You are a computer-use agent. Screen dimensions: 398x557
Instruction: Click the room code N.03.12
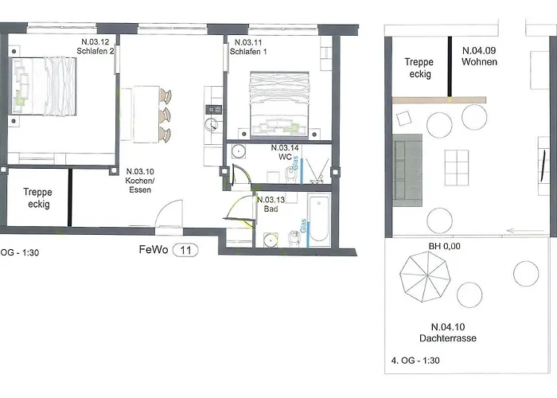pyautogui.click(x=95, y=41)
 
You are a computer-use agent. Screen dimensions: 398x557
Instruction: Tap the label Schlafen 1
pyautogui.click(x=247, y=52)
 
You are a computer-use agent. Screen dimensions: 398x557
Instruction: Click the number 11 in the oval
pyautogui.click(x=185, y=249)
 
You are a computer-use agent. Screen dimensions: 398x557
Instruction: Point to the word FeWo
pyautogui.click(x=154, y=249)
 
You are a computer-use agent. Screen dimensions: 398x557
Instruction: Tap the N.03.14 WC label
pyautogui.click(x=284, y=153)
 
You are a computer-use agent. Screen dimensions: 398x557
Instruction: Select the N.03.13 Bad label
pyautogui.click(x=271, y=205)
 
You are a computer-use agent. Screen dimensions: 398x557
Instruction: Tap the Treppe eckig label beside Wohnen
pyautogui.click(x=418, y=68)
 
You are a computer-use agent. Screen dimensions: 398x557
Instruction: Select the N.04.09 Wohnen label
pyautogui.click(x=479, y=56)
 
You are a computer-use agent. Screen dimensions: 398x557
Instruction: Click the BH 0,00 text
pyautogui.click(x=445, y=246)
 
